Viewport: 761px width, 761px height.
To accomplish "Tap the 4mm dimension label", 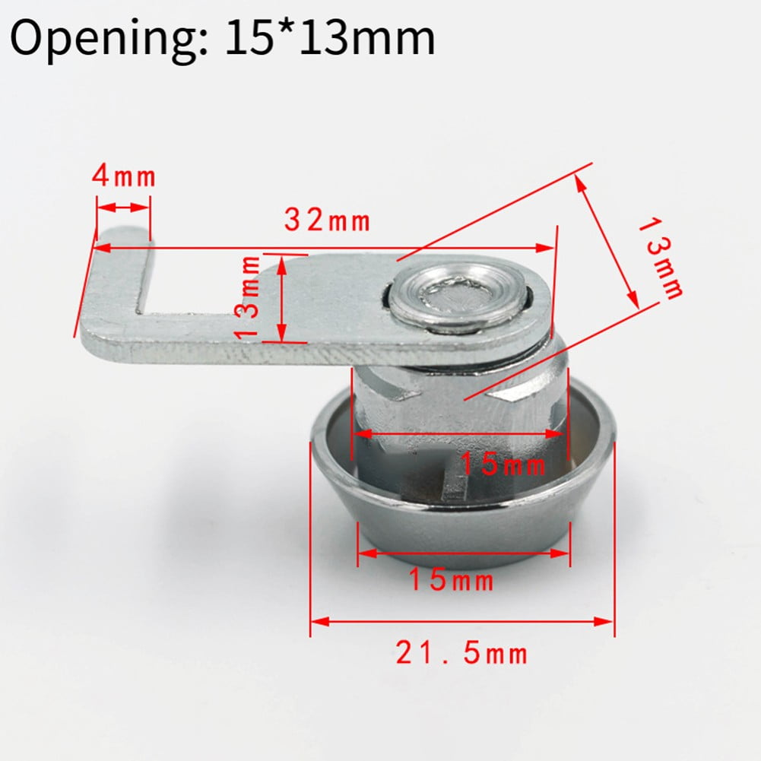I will coord(123,176).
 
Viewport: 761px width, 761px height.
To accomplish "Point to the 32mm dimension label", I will coord(328,220).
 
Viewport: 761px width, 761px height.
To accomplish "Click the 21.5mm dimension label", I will coord(461,652).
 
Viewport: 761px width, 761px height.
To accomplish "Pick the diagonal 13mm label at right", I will coord(660,257).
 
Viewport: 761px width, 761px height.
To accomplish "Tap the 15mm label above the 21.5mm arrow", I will coord(452,582).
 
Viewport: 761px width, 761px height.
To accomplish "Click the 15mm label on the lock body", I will coord(503,464).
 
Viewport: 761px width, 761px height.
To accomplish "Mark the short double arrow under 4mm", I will coord(123,207).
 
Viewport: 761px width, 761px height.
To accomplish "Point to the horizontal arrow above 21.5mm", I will coord(461,622).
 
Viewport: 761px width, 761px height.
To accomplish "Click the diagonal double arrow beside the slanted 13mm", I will coord(606,239).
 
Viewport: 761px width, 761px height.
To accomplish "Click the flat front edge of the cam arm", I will coord(228,350).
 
